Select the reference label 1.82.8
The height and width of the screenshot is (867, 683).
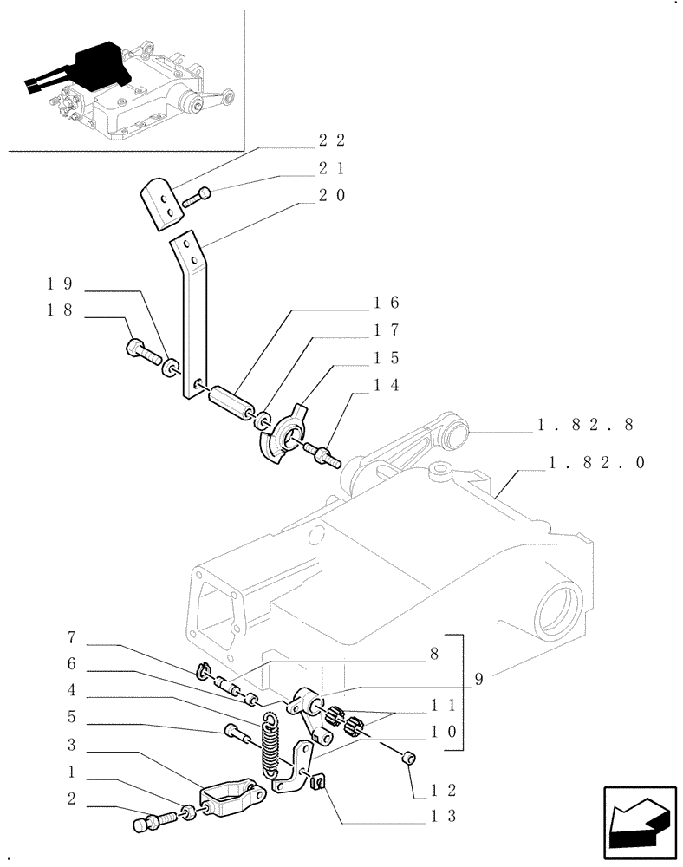click(x=586, y=425)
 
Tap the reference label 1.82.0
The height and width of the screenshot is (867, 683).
click(x=597, y=463)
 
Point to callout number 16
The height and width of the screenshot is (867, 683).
click(x=386, y=303)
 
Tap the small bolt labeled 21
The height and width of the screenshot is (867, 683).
click(x=196, y=198)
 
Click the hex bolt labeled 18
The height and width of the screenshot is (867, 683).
click(x=142, y=352)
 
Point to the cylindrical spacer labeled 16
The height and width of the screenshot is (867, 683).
click(x=230, y=403)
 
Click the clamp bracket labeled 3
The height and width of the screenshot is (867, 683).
click(x=231, y=801)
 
